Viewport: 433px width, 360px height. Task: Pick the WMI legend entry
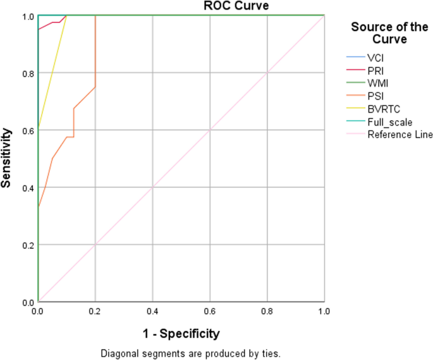pos(375,84)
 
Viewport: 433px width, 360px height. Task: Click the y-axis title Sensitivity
pos(7,158)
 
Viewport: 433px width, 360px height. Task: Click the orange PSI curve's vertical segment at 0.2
pos(95,51)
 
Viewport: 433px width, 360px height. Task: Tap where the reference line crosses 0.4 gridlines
pos(152,187)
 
